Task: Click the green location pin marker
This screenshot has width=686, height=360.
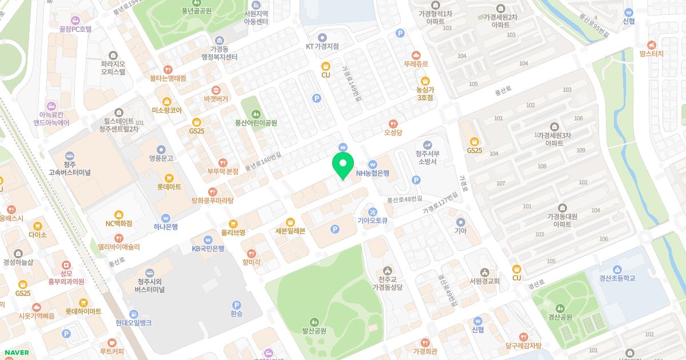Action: click(342, 165)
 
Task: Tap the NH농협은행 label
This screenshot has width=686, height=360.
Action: click(372, 173)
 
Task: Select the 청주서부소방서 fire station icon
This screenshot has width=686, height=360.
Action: click(426, 145)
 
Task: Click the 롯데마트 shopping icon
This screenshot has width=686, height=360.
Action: click(169, 178)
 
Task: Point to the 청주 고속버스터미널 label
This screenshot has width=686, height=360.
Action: click(70, 168)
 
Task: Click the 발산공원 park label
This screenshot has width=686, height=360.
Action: click(314, 330)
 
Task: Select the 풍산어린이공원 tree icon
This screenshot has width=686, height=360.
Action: click(256, 113)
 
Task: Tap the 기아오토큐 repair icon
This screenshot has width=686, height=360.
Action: click(373, 211)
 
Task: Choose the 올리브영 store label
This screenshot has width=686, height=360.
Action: click(233, 233)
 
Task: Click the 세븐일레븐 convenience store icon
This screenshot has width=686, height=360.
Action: click(290, 221)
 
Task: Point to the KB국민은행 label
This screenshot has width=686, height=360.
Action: click(208, 248)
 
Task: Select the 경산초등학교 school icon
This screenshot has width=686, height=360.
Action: click(617, 269)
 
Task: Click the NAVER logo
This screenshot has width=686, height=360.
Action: click(17, 353)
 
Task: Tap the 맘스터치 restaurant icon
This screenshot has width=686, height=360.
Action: click(652, 45)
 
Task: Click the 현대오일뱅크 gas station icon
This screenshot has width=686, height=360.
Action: click(133, 314)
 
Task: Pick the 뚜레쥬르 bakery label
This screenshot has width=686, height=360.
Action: click(416, 64)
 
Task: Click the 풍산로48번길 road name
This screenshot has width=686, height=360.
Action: click(404, 199)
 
